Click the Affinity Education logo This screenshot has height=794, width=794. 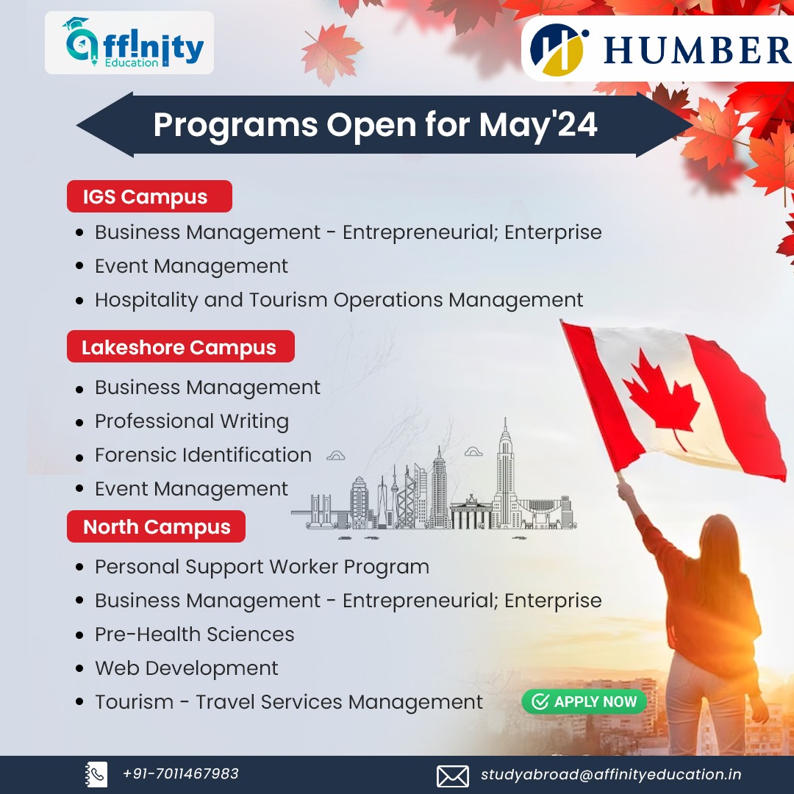click(129, 43)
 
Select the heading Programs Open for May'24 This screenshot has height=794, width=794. click(375, 125)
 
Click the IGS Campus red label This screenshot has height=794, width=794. click(149, 197)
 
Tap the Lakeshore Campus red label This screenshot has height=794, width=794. click(180, 347)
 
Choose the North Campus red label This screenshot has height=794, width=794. click(157, 527)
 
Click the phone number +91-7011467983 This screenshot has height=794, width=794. click(181, 774)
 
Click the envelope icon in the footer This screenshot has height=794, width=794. click(453, 776)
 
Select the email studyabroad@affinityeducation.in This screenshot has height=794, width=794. click(611, 775)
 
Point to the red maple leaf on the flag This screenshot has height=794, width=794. click(659, 398)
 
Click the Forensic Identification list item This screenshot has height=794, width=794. click(203, 455)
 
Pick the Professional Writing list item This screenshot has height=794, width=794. click(192, 421)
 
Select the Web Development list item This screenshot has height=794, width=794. click(187, 668)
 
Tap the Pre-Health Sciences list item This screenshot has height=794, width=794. click(195, 634)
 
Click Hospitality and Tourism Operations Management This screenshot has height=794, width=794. click(339, 300)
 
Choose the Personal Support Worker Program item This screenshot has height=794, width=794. click(262, 567)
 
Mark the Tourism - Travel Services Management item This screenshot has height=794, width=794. click(289, 702)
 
